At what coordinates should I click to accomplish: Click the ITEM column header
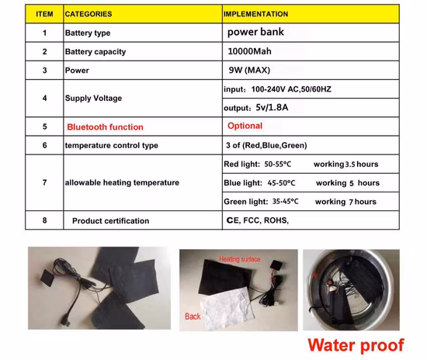tap(44, 14)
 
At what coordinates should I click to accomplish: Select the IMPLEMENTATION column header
tap(255, 14)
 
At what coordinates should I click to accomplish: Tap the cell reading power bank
tap(255, 32)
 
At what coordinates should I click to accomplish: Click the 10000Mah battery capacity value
tap(249, 51)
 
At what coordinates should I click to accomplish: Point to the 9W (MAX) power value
tap(249, 70)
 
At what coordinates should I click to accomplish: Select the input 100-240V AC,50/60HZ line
tap(277, 89)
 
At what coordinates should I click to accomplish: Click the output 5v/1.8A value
tap(256, 108)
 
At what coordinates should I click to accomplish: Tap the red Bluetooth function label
tap(105, 126)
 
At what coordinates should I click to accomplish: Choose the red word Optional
tap(245, 126)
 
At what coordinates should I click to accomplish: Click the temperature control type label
tap(111, 145)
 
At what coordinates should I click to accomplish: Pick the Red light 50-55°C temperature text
tap(257, 164)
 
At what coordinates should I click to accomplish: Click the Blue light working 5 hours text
tap(348, 183)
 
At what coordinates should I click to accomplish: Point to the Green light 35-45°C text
tap(261, 202)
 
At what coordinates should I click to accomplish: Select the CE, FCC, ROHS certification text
tap(257, 220)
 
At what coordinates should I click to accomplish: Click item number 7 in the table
tap(45, 182)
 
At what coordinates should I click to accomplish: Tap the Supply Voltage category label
tap(93, 99)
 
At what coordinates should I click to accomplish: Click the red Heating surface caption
tap(240, 259)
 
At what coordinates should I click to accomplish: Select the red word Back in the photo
tap(193, 317)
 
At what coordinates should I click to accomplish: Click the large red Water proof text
tap(356, 345)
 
